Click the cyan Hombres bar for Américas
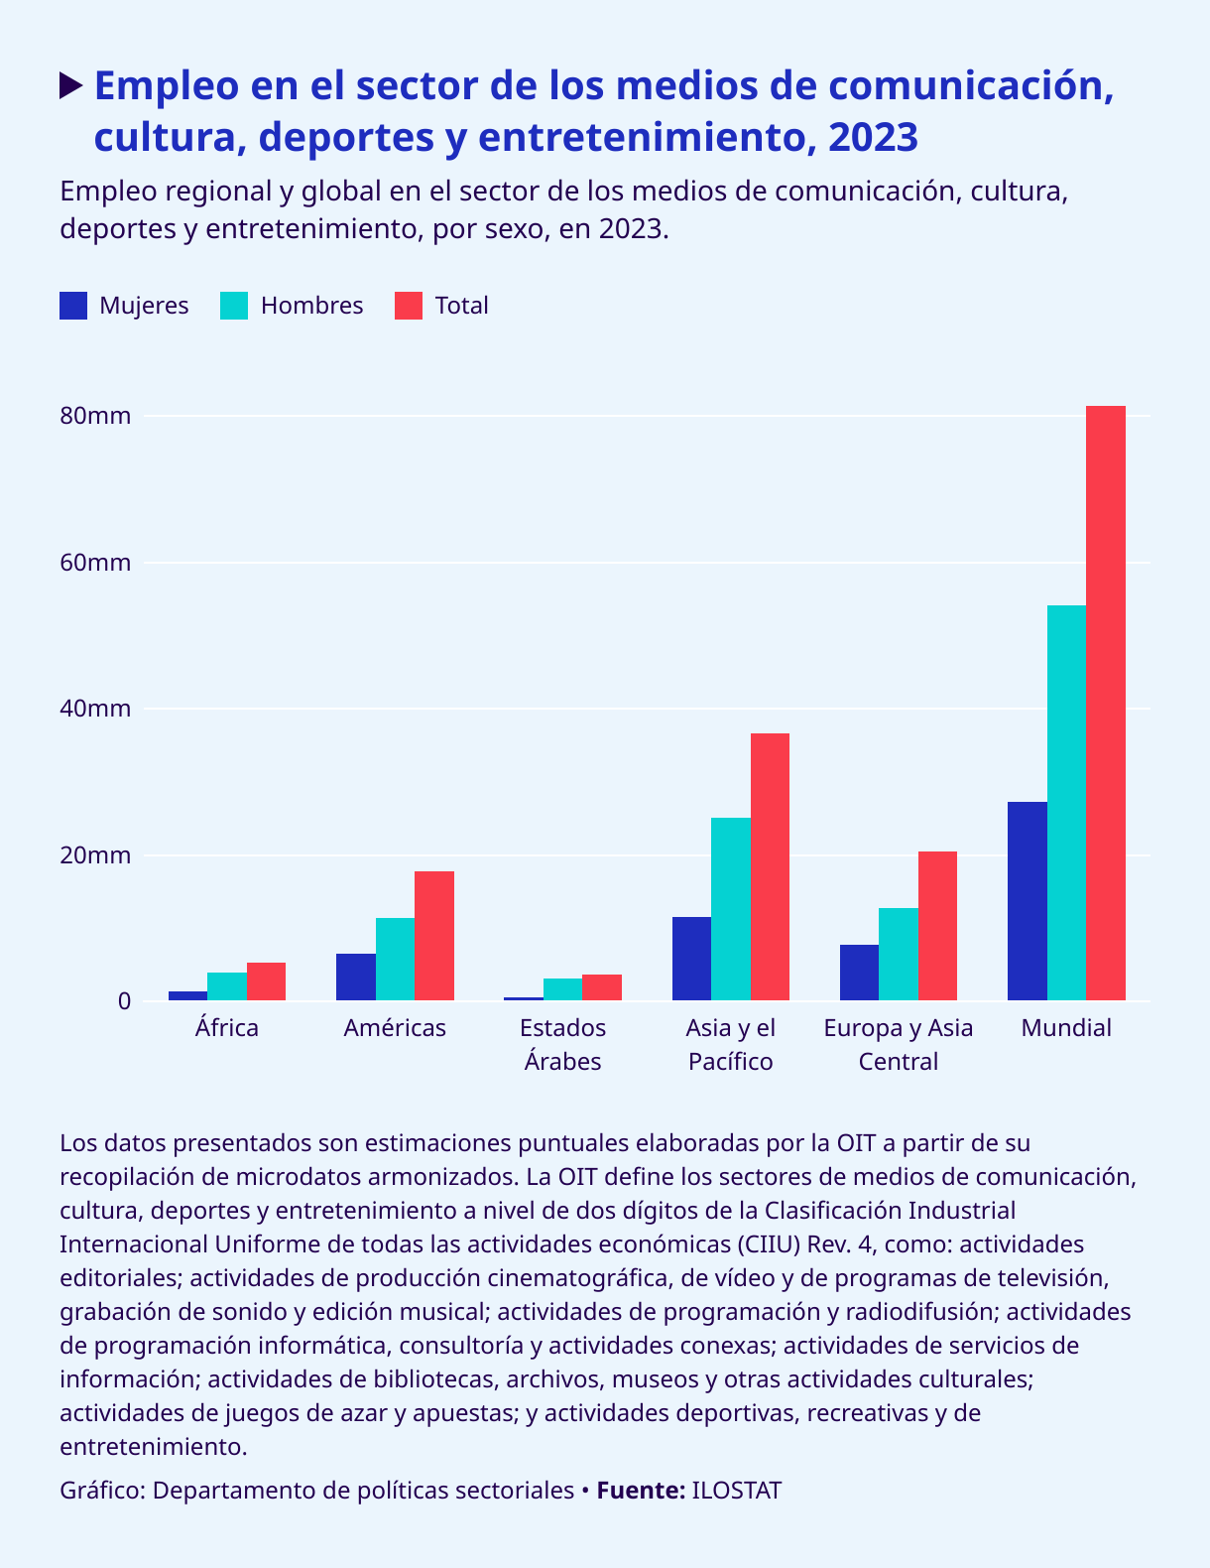(x=395, y=959)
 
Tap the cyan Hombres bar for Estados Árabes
(x=562, y=988)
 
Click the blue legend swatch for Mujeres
(x=73, y=306)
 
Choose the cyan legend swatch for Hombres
(x=234, y=306)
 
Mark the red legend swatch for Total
(x=409, y=306)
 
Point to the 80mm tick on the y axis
(x=95, y=416)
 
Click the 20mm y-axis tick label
(x=95, y=855)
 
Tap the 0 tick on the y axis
(x=124, y=1001)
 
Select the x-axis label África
(x=227, y=1028)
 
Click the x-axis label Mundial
(x=1066, y=1028)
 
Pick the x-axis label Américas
(x=395, y=1028)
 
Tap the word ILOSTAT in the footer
(x=736, y=1491)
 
